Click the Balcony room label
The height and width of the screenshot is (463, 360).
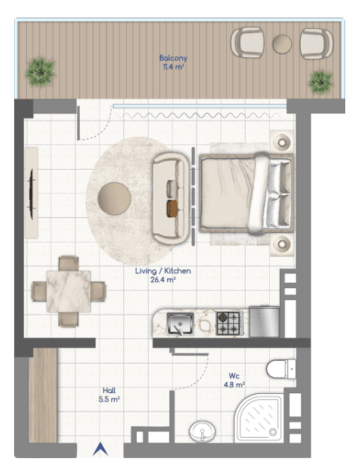[173, 62]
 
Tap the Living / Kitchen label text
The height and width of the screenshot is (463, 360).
[163, 271]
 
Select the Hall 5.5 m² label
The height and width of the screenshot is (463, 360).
[109, 395]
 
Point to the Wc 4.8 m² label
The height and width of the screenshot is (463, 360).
[234, 380]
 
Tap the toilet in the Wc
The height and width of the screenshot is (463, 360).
[281, 369]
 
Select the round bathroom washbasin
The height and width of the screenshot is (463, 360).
[202, 431]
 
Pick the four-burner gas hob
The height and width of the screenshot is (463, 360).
[228, 323]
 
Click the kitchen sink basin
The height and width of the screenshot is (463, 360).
[180, 324]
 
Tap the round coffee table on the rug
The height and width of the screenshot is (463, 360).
[114, 199]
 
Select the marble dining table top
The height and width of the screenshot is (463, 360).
[68, 291]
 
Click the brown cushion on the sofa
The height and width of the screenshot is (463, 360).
[173, 209]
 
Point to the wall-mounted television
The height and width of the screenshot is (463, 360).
[31, 193]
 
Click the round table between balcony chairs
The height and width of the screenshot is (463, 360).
[282, 44]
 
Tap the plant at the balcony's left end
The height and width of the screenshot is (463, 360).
[40, 73]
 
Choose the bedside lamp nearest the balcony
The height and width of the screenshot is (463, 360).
[282, 142]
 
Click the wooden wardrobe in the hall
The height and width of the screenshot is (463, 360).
[43, 395]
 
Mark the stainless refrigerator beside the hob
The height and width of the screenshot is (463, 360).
[264, 321]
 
